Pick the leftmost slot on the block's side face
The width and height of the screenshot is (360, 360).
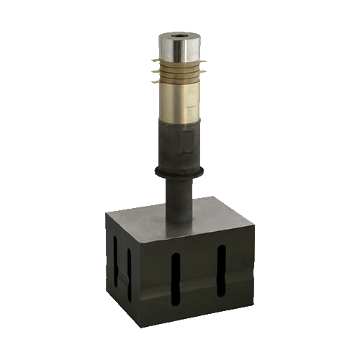pos(116,263)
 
